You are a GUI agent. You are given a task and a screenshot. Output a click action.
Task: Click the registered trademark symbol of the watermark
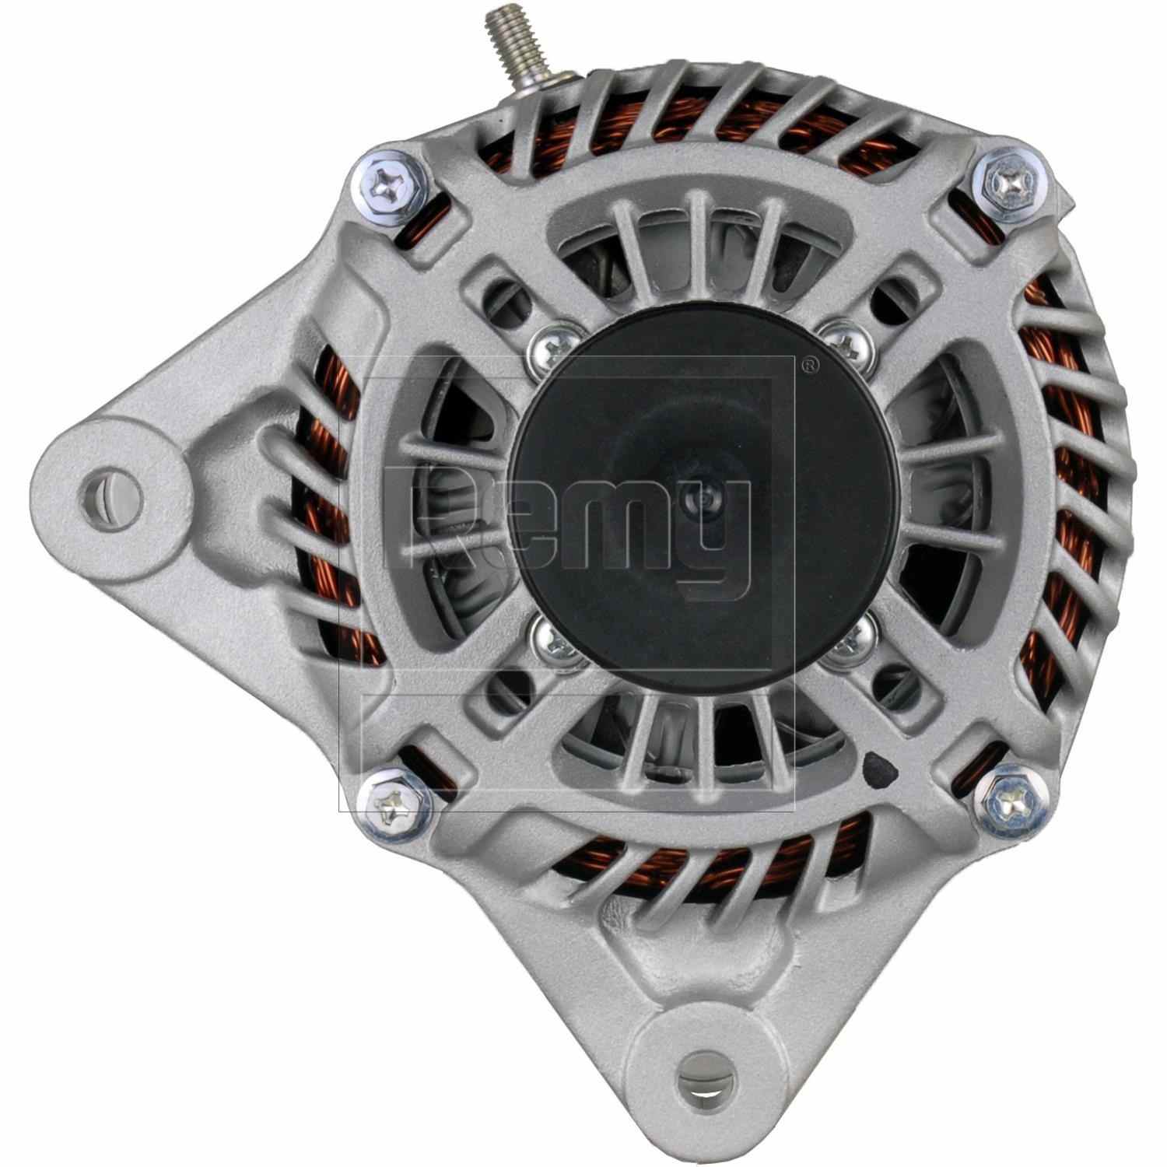pos(810,364)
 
